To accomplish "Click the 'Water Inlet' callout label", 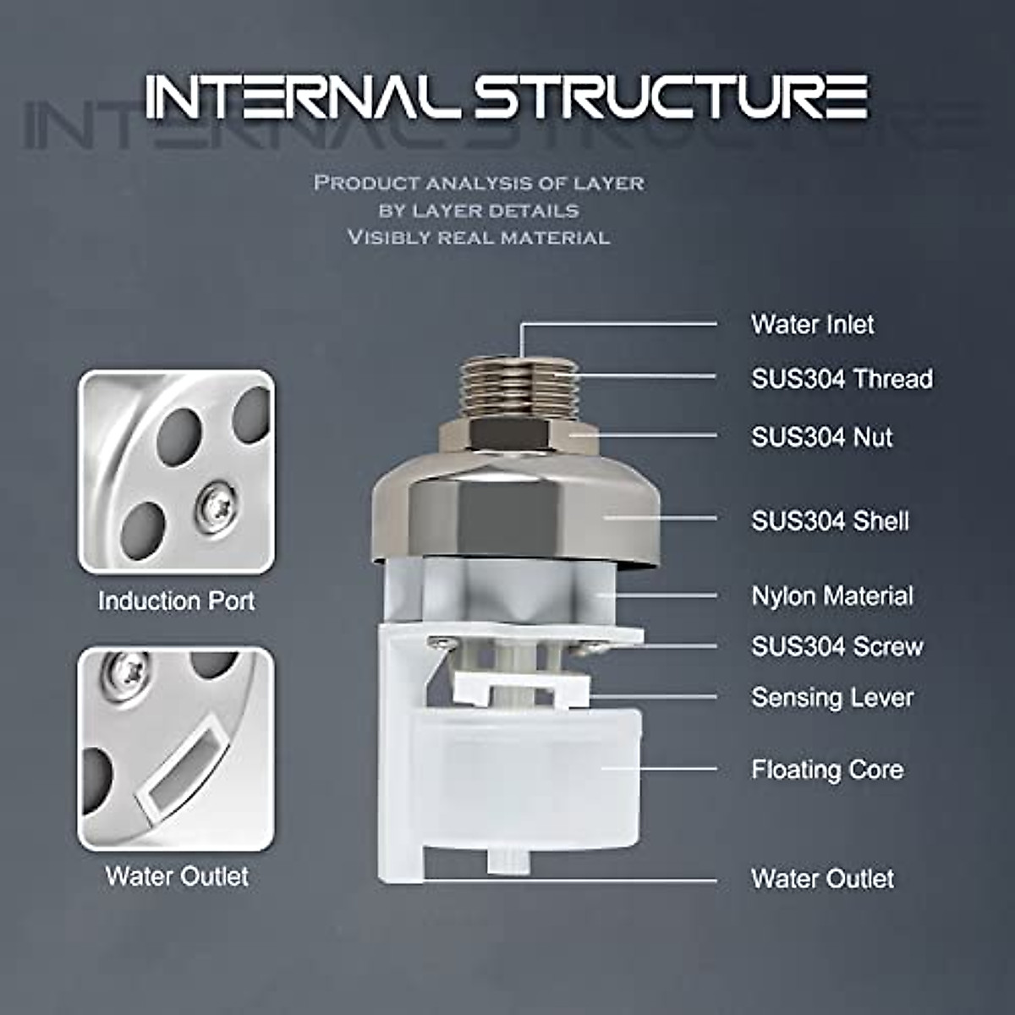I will pyautogui.click(x=812, y=325).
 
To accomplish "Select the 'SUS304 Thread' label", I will pyautogui.click(x=842, y=379).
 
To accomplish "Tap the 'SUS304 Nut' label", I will pyautogui.click(x=821, y=437).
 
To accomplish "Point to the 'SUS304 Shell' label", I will pyautogui.click(x=830, y=521).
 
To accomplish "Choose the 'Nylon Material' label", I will pyautogui.click(x=832, y=596).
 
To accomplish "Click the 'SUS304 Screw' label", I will pyautogui.click(x=837, y=647).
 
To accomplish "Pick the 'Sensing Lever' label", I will pyautogui.click(x=832, y=698).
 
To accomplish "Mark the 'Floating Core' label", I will pyautogui.click(x=826, y=771).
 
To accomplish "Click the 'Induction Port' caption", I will pyautogui.click(x=176, y=601).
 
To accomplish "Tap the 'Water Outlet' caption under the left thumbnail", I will pyautogui.click(x=177, y=876).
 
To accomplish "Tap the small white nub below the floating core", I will pyautogui.click(x=507, y=862).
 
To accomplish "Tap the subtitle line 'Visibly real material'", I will pyautogui.click(x=479, y=238).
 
